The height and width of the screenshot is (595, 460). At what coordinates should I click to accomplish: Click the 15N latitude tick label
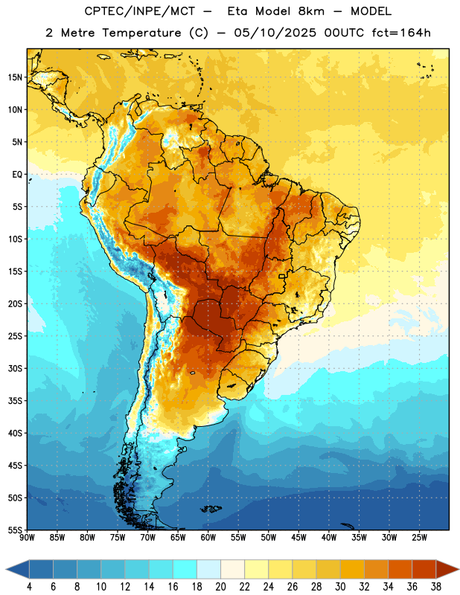15,77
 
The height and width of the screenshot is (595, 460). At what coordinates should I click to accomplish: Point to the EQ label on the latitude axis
17,175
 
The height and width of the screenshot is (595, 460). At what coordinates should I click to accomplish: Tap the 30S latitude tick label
15,368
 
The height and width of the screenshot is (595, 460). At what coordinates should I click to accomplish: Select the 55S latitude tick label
15,530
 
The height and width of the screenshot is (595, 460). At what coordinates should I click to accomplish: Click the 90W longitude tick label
27,538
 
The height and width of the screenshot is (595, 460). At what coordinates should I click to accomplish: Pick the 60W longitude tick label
208,538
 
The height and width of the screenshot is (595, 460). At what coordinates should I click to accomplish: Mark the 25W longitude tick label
419,538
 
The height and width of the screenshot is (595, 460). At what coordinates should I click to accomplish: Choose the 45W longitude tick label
298,538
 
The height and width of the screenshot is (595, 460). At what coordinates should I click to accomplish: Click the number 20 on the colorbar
220,587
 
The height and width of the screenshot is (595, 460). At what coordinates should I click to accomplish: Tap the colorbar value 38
436,587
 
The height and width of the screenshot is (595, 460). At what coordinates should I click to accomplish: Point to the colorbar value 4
29,587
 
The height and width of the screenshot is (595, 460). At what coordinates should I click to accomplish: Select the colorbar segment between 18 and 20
208,570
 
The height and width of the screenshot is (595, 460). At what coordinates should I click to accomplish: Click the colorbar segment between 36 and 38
424,570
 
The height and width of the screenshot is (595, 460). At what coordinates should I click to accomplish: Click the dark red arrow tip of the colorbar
447,570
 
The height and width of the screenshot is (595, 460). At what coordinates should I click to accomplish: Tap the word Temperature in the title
141,33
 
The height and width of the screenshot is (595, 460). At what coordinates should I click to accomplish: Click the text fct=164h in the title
401,33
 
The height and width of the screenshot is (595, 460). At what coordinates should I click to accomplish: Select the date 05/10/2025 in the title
275,33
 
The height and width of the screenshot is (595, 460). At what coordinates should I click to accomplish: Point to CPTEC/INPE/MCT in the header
140,11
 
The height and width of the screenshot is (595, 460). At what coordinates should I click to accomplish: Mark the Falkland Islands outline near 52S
211,509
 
